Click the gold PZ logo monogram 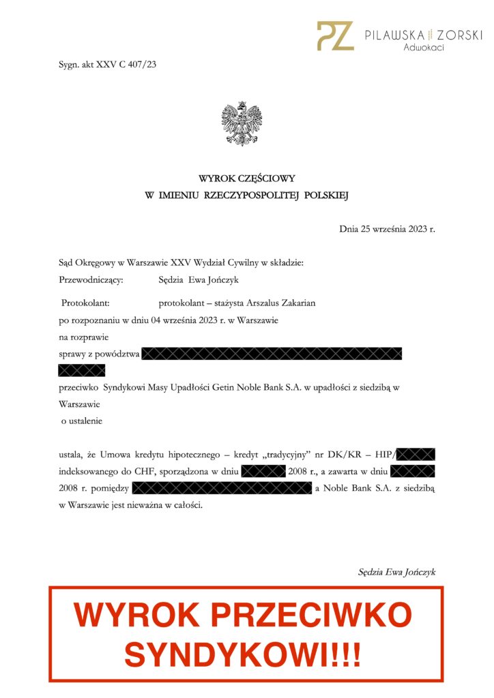[335, 35]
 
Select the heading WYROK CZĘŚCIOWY [246, 179]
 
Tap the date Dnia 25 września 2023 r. [387, 228]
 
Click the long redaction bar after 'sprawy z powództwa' [272, 354]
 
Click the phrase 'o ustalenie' [81, 421]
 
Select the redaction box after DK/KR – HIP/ [416, 454]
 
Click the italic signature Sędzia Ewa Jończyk [396, 572]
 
